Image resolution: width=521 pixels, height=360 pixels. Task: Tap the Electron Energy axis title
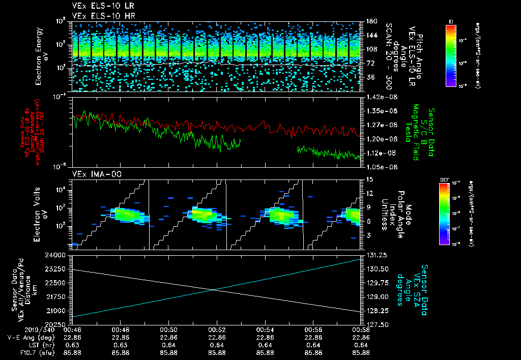click(42, 56)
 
